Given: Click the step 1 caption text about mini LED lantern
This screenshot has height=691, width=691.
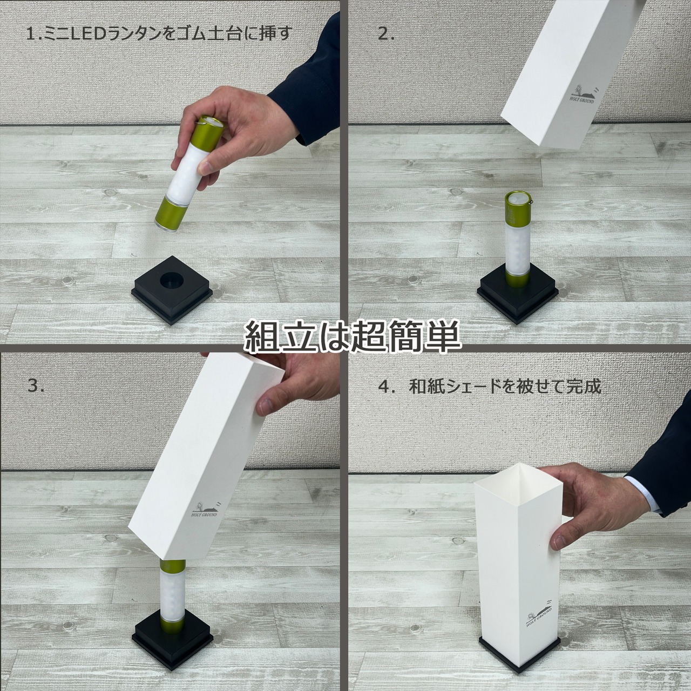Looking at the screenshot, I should point(159,35).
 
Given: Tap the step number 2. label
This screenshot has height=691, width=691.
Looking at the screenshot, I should point(386,35).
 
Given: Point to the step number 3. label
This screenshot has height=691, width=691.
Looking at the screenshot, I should point(36,387).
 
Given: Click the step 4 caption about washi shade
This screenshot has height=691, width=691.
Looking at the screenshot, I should point(489,387).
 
